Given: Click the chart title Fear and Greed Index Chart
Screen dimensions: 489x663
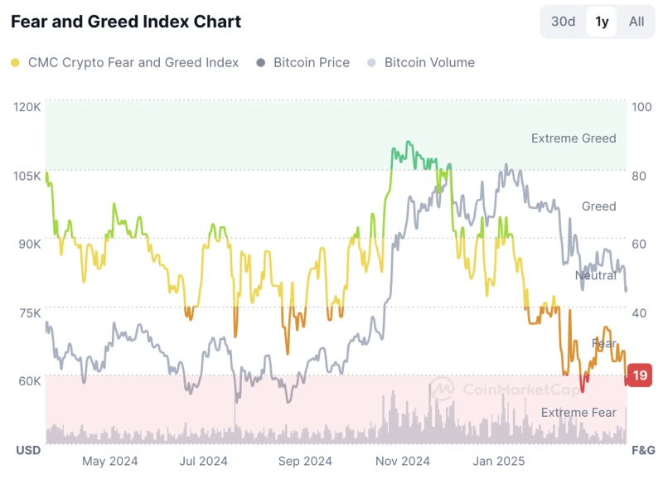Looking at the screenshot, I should (x=126, y=22).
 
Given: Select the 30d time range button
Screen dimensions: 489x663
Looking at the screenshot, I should (x=563, y=22).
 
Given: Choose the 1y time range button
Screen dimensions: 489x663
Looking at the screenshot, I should (x=602, y=22).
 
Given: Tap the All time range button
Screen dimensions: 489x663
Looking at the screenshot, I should (x=636, y=22).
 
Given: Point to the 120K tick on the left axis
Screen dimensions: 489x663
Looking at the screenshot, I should (x=27, y=107).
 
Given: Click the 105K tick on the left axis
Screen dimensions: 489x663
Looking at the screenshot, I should (x=27, y=176).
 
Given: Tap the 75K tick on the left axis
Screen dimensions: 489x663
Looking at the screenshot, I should (x=28, y=312).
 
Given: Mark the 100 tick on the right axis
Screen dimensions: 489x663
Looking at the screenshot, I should (x=641, y=107).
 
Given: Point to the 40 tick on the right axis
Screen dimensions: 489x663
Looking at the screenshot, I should (x=640, y=312).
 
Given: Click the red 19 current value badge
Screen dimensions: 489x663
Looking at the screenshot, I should (x=640, y=375).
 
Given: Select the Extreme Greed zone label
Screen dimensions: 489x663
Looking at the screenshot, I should (x=573, y=138).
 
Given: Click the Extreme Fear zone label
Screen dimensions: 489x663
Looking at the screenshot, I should (x=578, y=412).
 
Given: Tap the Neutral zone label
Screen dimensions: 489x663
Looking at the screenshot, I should (x=596, y=275).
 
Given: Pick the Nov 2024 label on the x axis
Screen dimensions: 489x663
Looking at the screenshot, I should (x=403, y=461).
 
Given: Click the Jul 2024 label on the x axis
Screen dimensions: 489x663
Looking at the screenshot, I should (x=203, y=461).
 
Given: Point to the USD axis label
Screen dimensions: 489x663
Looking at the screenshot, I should (x=29, y=450).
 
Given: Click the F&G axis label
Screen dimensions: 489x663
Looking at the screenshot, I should (x=643, y=450).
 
